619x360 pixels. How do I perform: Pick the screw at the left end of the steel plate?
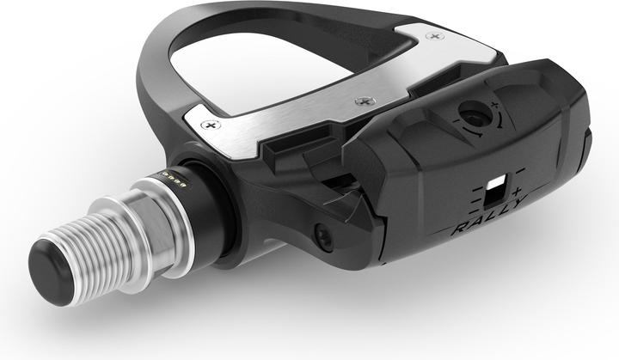pos(205,125)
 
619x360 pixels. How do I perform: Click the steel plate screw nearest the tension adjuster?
pos(360,101)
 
